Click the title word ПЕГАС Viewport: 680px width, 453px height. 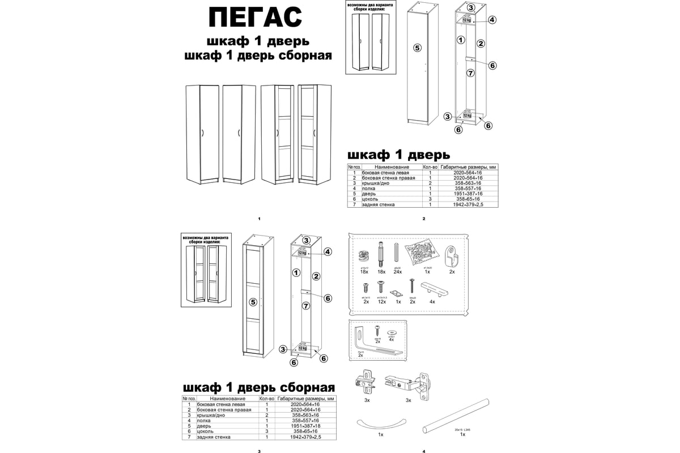255,17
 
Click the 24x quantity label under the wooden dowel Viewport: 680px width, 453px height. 397,272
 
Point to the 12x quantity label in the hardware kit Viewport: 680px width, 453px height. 382,302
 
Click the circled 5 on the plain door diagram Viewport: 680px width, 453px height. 417,48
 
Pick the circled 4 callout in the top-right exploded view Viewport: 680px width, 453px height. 492,20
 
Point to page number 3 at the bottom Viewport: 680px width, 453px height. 259,451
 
